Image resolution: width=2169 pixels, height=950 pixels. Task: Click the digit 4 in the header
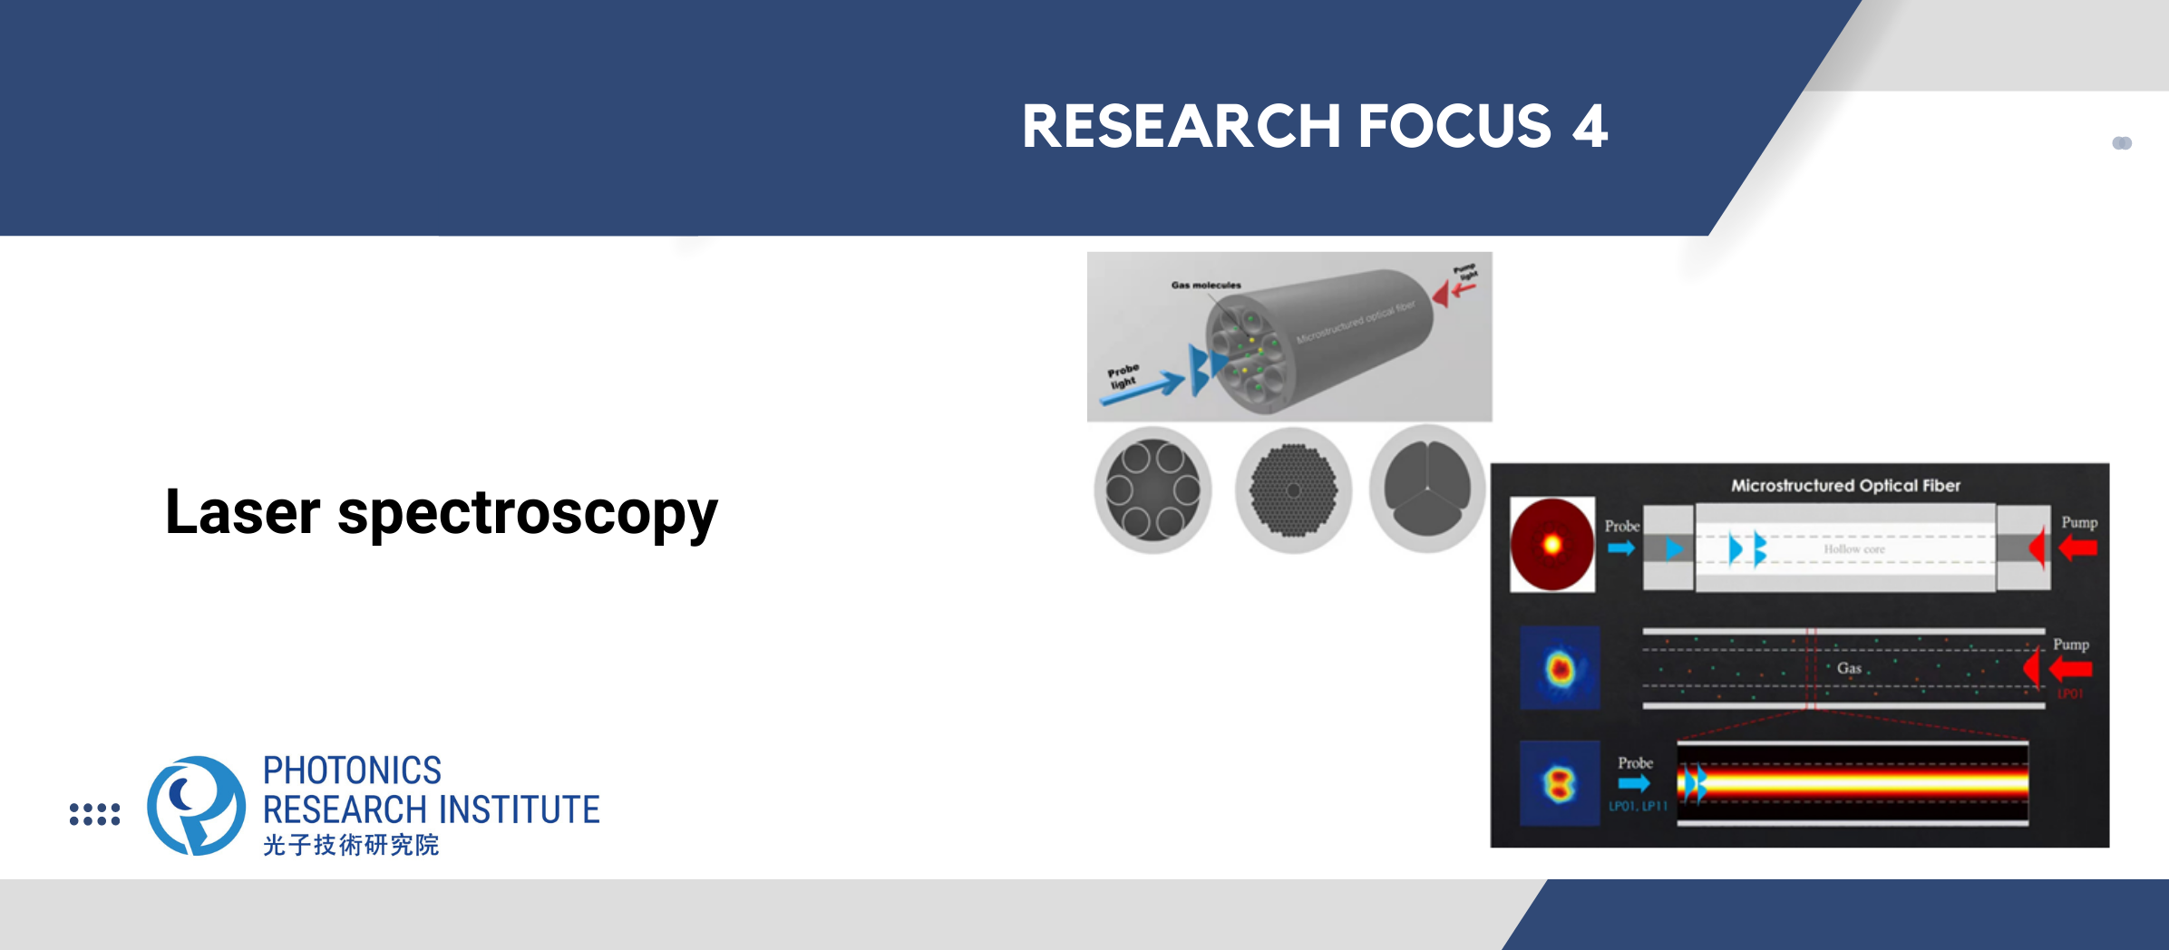tap(1590, 126)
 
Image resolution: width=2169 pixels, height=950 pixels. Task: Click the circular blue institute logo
tap(196, 805)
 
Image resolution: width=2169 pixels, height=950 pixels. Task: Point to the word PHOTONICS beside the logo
tap(352, 771)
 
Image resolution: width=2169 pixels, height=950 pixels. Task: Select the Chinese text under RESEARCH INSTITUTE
tap(350, 845)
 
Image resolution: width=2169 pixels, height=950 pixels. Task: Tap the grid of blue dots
tap(94, 813)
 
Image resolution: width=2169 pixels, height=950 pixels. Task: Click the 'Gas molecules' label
tap(1205, 285)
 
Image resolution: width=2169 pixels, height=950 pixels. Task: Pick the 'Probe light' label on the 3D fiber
tap(1123, 376)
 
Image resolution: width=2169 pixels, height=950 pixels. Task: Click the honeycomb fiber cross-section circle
tap(1293, 490)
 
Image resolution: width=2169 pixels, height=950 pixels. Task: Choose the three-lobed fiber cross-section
tap(1426, 490)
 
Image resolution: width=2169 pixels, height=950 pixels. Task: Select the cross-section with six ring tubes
tap(1153, 490)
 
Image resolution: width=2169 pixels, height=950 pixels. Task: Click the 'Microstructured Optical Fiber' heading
tap(1845, 486)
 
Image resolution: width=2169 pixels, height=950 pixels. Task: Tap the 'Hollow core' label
tap(1853, 548)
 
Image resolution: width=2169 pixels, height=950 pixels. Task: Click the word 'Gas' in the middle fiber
tap(1849, 668)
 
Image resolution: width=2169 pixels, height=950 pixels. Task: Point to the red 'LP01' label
tap(2070, 693)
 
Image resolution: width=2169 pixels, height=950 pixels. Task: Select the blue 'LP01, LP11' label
tap(1638, 806)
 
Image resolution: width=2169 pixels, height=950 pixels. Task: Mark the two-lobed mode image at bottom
tap(1560, 783)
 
